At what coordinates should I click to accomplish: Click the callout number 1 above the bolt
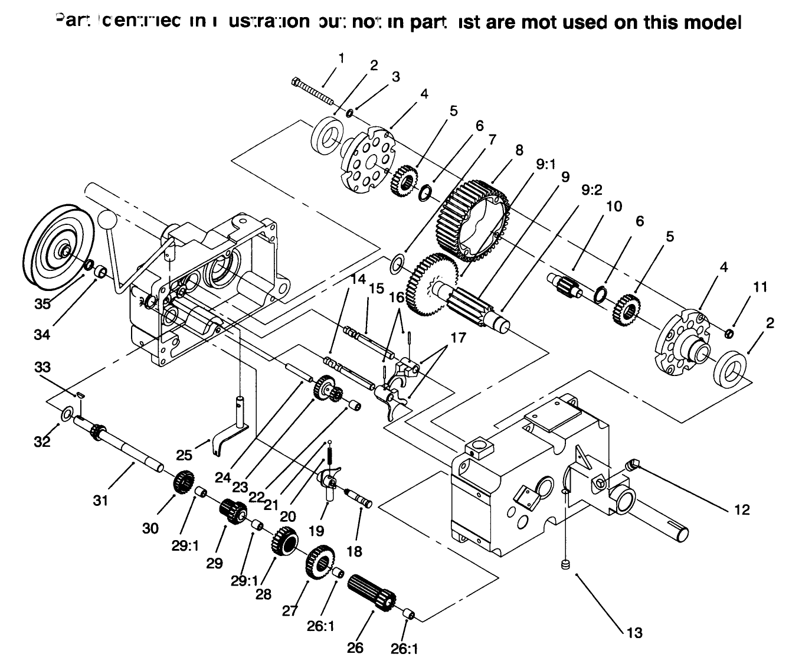341,58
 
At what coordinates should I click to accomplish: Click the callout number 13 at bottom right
634,633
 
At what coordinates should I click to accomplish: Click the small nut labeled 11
729,335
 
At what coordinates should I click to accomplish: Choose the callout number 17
457,338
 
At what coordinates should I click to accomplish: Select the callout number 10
614,206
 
